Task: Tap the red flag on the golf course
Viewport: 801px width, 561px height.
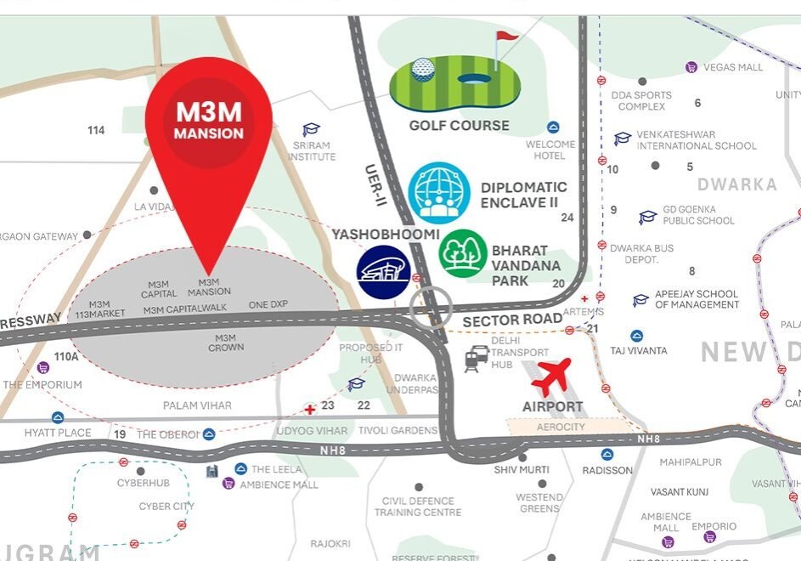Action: [505, 39]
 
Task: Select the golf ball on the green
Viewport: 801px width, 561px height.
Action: [423, 70]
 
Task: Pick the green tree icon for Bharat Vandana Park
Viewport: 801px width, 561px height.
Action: [463, 253]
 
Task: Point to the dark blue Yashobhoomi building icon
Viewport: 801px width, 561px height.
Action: [383, 271]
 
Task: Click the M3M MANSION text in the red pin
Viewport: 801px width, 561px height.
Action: [209, 122]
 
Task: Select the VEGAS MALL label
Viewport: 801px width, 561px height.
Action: [732, 67]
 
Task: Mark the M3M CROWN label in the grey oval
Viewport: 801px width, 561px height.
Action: [226, 342]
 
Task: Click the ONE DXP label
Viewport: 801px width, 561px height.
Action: [268, 304]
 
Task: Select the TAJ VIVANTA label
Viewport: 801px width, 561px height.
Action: [639, 350]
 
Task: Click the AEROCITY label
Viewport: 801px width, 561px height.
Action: [561, 427]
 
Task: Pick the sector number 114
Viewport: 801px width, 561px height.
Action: [96, 130]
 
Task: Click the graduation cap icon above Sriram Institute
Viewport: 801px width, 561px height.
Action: [312, 130]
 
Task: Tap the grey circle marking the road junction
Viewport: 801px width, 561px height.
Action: [432, 306]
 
